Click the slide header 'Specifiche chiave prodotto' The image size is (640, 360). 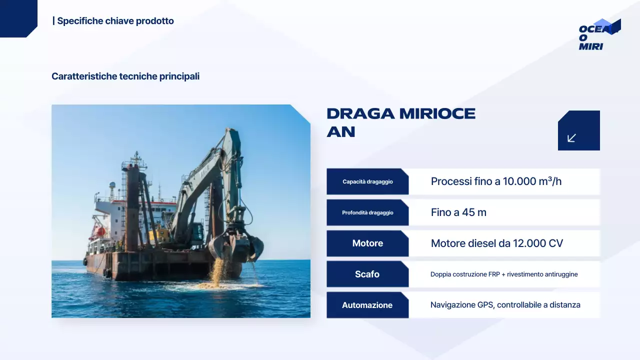[x=115, y=21]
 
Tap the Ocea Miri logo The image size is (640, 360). [x=598, y=35]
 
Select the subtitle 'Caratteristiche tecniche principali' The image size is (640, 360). [x=125, y=76]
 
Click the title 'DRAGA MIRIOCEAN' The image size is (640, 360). [x=400, y=122]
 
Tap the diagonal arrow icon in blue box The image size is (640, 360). [x=572, y=138]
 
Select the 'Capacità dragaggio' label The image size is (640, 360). [x=367, y=181]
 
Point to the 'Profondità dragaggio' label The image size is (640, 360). [x=367, y=212]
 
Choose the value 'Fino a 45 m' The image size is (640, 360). [x=458, y=212]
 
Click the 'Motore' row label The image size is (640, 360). [x=367, y=243]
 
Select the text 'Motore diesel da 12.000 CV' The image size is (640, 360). [x=496, y=243]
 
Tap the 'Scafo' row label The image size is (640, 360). [x=367, y=274]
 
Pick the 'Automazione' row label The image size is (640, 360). [x=367, y=305]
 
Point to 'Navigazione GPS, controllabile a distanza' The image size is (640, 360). [x=505, y=305]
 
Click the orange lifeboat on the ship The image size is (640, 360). [x=100, y=231]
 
